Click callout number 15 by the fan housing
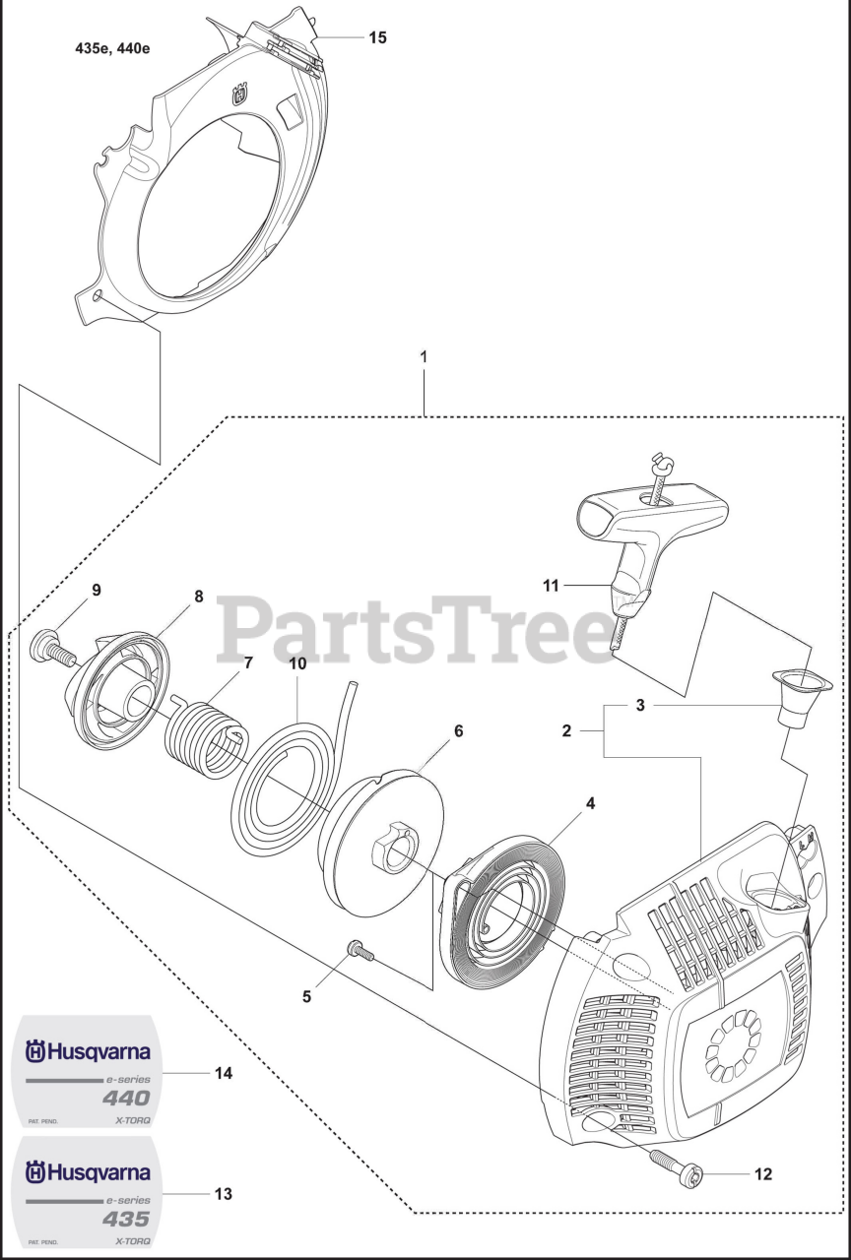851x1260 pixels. tap(377, 37)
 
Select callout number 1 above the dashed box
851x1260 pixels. tap(424, 356)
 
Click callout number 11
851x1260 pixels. tap(550, 586)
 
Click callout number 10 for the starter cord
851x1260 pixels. tap(297, 664)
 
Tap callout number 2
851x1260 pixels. tap(567, 730)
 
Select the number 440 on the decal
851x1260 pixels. tap(127, 1099)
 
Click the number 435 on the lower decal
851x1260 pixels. tap(127, 1219)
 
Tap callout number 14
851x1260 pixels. tap(224, 1073)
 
